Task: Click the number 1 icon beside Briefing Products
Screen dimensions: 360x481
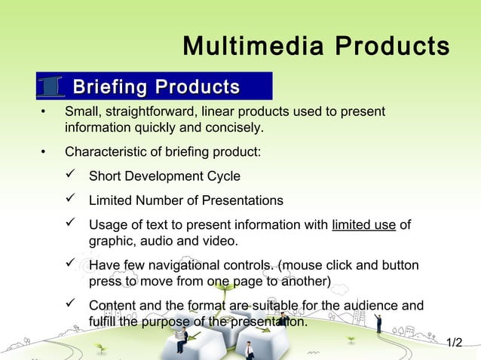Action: click(x=52, y=87)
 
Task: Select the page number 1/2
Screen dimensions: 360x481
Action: click(x=454, y=343)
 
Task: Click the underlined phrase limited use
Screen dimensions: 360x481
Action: click(x=364, y=225)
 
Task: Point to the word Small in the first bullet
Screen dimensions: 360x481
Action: click(x=80, y=112)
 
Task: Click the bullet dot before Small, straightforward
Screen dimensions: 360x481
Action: click(x=44, y=113)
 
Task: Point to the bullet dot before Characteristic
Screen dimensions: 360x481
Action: click(x=44, y=153)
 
